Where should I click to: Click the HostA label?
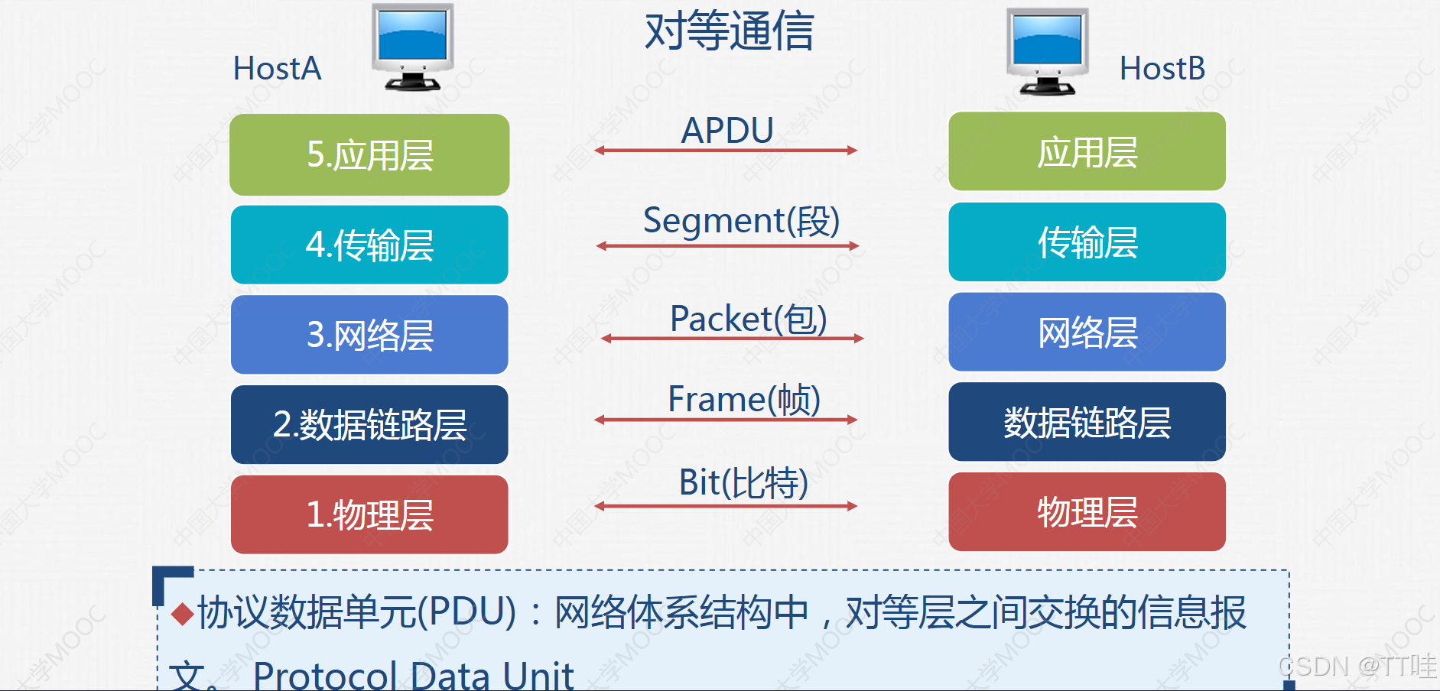[x=277, y=69]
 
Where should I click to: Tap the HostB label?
[x=1162, y=69]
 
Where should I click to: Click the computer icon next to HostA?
[x=412, y=47]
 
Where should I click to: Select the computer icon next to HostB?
[x=1047, y=51]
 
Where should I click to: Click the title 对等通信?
[x=729, y=31]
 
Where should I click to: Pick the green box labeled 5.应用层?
[x=369, y=155]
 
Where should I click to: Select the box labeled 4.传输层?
[x=369, y=245]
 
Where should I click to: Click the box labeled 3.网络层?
[x=369, y=335]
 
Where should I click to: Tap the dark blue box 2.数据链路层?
[x=369, y=424]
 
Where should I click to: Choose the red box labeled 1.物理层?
[x=369, y=514]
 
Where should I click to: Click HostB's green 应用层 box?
[x=1087, y=151]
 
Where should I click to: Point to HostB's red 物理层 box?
[x=1087, y=511]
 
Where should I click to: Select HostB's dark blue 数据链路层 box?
[x=1087, y=422]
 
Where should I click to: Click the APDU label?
[x=727, y=130]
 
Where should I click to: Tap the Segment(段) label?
[x=741, y=221]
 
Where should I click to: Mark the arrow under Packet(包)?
[x=732, y=338]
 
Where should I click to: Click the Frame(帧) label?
[x=743, y=399]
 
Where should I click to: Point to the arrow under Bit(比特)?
[x=726, y=506]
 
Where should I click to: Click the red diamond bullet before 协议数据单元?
[x=182, y=614]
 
